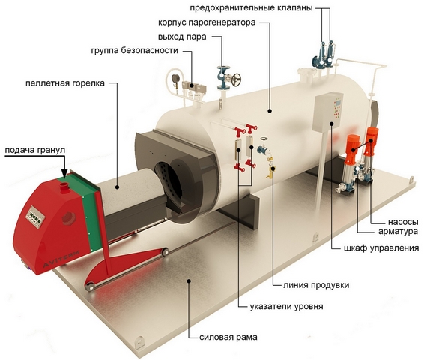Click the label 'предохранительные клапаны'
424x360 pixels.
[251, 8]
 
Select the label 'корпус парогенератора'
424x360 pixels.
[207, 22]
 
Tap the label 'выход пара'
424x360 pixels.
[182, 37]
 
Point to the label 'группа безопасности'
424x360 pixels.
[135, 50]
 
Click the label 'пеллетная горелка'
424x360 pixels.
[65, 82]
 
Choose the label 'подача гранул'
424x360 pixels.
[35, 150]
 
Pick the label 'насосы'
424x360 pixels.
[403, 222]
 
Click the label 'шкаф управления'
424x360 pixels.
[381, 248]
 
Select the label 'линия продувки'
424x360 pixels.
[316, 285]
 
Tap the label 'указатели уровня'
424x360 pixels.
[286, 307]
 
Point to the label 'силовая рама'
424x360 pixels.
[228, 337]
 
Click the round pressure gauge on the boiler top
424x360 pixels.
[176, 78]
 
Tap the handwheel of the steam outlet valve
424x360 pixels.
[237, 79]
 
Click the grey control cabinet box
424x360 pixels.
[327, 112]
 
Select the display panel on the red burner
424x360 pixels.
[35, 217]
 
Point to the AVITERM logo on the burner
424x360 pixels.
[61, 259]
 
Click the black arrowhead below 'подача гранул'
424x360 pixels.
[64, 173]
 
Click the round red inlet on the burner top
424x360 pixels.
[64, 187]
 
